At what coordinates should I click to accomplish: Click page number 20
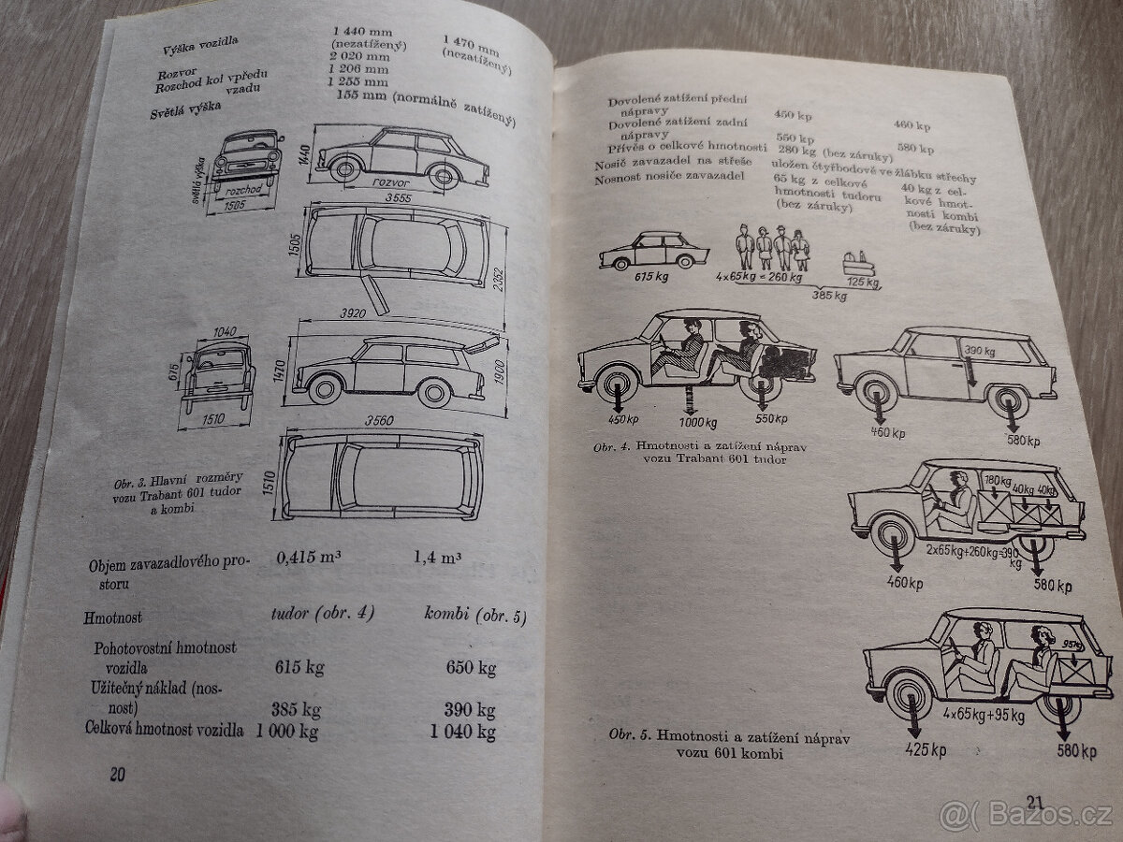pyautogui.click(x=116, y=775)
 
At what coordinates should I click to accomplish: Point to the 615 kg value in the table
pyautogui.click(x=299, y=668)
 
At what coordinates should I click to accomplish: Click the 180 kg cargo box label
pyautogui.click(x=997, y=481)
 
